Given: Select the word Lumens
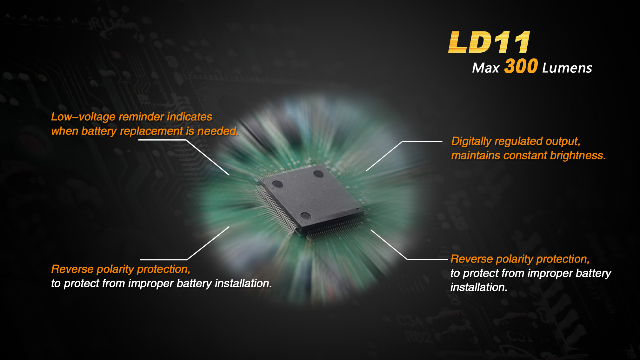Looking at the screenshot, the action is pos(567,68).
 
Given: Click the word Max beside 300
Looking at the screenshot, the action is pos(486,68).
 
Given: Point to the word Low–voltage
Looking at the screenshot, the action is pos(83,117).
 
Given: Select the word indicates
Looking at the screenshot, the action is pos(190,117).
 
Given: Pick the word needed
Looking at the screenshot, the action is pos(218,131).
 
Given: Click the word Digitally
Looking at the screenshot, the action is pos(471,141).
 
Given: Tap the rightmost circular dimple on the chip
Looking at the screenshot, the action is pos(318,174).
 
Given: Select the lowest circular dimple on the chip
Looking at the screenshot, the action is pos(305,216).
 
